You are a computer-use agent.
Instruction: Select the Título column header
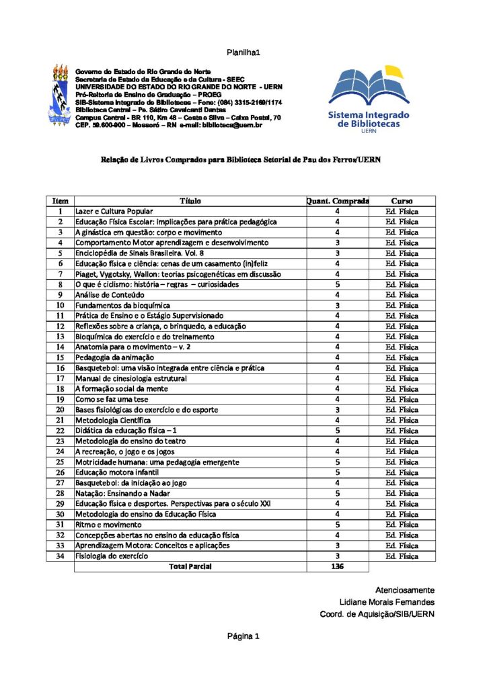(190, 201)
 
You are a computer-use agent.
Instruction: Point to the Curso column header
(402, 201)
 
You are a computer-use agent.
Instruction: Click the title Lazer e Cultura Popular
(114, 212)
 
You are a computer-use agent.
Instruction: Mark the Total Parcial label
(190, 566)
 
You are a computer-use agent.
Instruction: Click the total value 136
(337, 566)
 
